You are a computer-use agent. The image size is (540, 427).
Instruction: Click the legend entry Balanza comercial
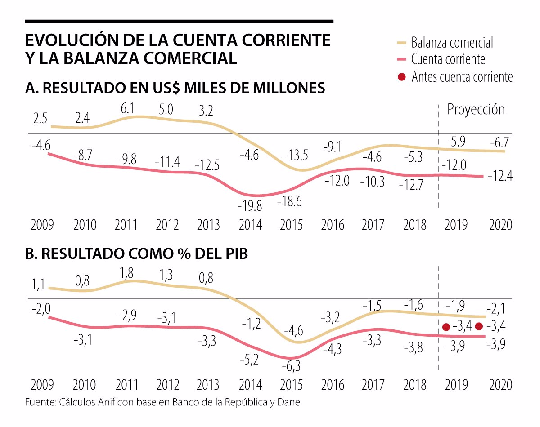[452, 43]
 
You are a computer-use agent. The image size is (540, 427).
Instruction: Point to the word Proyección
[476, 109]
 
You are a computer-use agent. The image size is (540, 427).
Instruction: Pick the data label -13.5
[296, 156]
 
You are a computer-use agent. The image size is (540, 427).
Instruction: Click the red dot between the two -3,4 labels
[479, 326]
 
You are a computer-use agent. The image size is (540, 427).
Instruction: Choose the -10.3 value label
[373, 182]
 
